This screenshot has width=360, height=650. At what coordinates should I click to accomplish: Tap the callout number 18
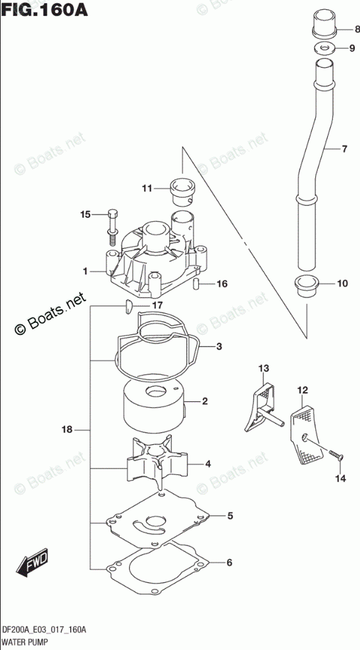pyautogui.click(x=67, y=430)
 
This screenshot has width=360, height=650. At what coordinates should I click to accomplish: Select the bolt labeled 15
pyautogui.click(x=112, y=226)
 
